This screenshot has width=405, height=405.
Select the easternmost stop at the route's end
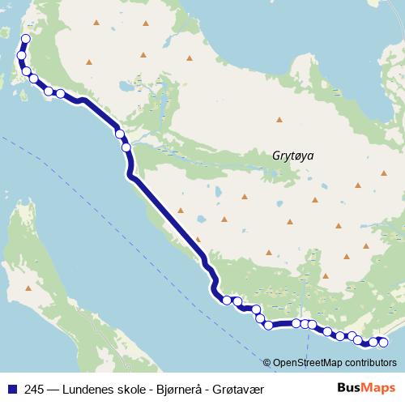(x=383, y=342)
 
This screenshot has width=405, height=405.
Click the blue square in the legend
(x=11, y=388)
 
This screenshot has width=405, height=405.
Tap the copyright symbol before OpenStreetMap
(x=267, y=362)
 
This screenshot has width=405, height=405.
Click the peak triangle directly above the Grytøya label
(x=279, y=120)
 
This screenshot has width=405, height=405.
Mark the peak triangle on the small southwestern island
(x=30, y=286)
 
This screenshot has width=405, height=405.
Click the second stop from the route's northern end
(x=22, y=56)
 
